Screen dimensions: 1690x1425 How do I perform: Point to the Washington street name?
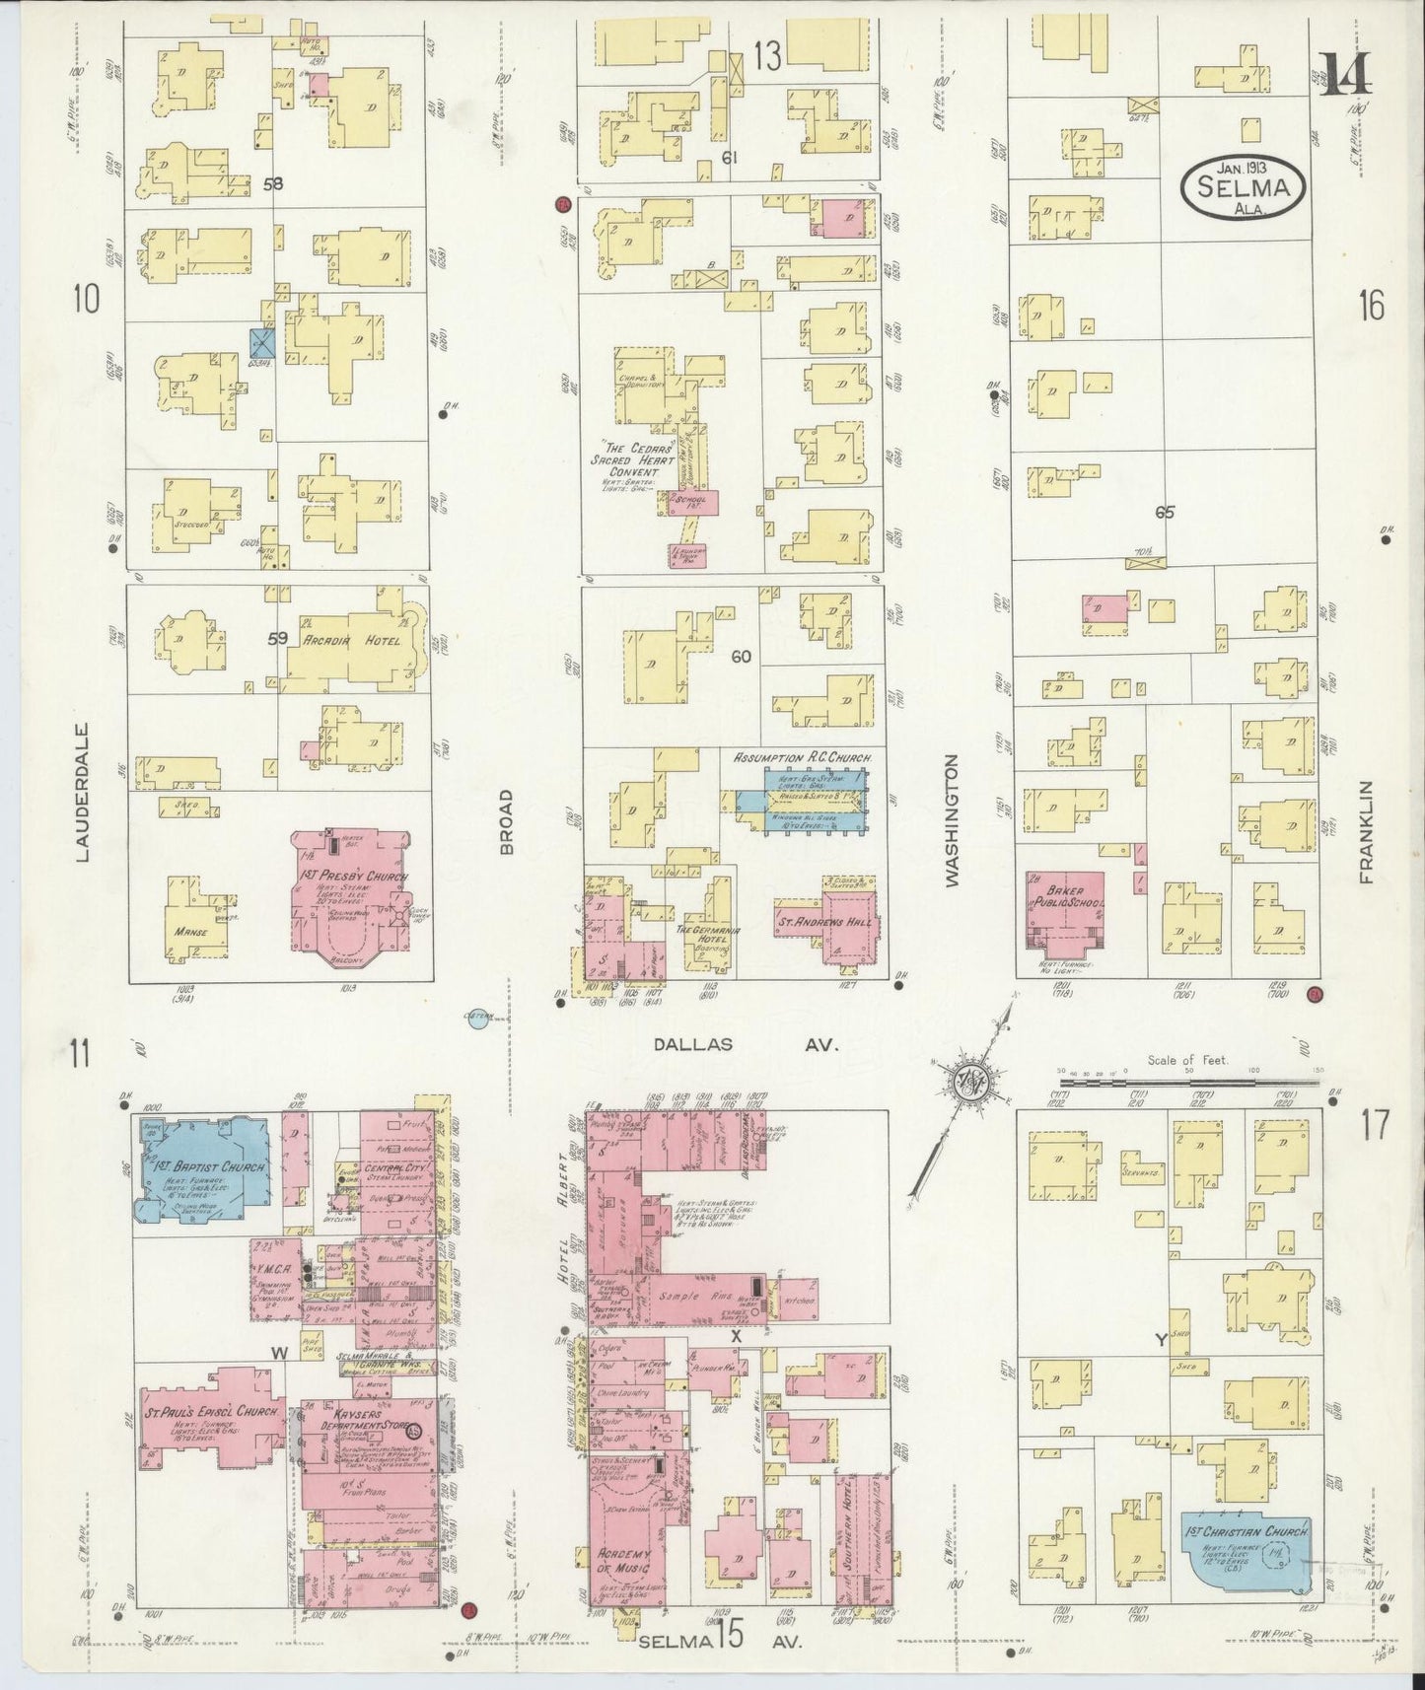(952, 821)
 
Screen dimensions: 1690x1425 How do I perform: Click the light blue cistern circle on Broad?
(478, 1021)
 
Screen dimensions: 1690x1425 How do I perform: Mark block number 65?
(1165, 512)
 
